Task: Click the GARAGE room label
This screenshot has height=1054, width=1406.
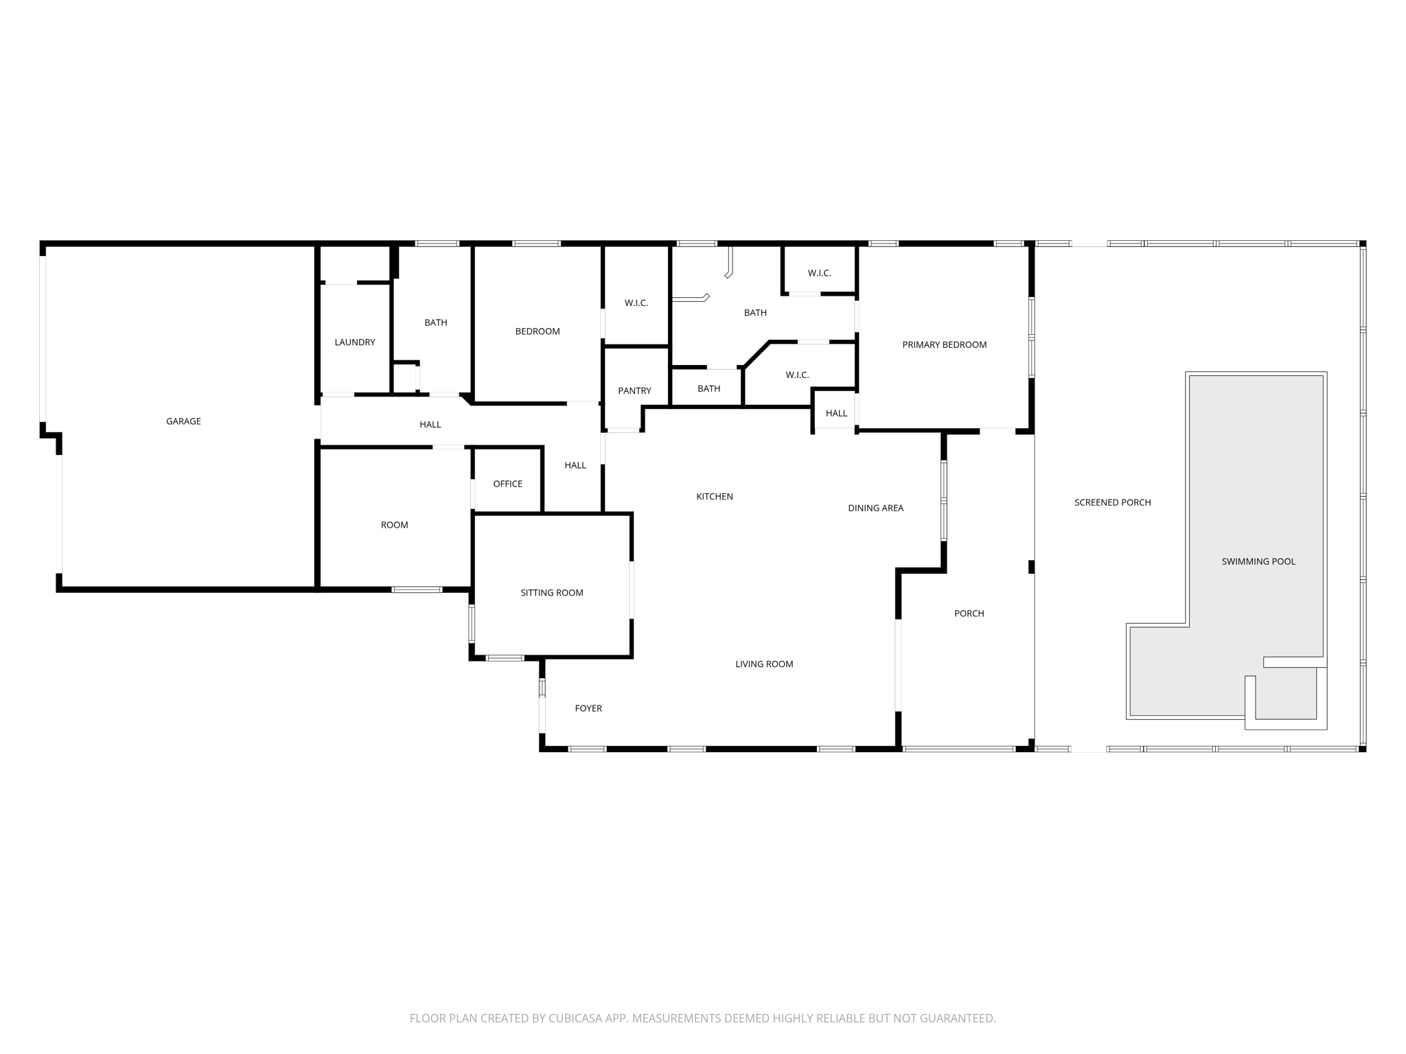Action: [183, 421]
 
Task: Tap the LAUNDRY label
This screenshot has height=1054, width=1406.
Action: [355, 342]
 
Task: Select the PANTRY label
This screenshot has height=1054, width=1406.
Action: [634, 391]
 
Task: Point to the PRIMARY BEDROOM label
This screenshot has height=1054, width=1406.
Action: [944, 345]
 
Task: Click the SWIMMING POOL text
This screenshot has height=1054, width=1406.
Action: [1258, 561]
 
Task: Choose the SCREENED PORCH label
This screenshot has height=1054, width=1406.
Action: [1112, 503]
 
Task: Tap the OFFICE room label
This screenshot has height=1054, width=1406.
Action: [507, 484]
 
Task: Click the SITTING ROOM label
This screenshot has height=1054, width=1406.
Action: [551, 593]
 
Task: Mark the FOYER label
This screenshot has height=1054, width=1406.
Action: [588, 709]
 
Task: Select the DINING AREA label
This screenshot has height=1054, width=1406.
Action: [875, 508]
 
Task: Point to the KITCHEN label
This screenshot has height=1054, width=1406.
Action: [715, 497]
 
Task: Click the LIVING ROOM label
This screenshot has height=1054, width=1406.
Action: [764, 664]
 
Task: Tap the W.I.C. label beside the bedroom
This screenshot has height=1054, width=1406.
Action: [636, 303]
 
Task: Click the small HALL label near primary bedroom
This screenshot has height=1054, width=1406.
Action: [836, 414]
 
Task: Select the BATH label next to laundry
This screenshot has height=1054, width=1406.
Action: [435, 323]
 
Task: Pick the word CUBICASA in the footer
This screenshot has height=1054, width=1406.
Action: [574, 1018]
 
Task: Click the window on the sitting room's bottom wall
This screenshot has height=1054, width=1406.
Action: [505, 658]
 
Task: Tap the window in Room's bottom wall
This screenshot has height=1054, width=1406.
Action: [417, 589]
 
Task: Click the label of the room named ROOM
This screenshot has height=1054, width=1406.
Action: [394, 526]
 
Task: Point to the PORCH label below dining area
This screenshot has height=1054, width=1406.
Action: [969, 613]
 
